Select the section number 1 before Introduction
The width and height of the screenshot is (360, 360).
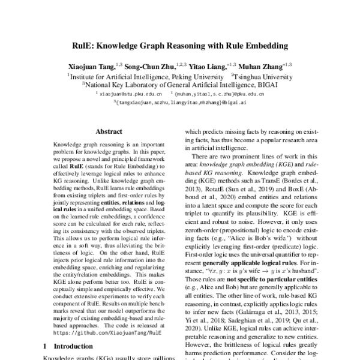pos(46,347)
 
